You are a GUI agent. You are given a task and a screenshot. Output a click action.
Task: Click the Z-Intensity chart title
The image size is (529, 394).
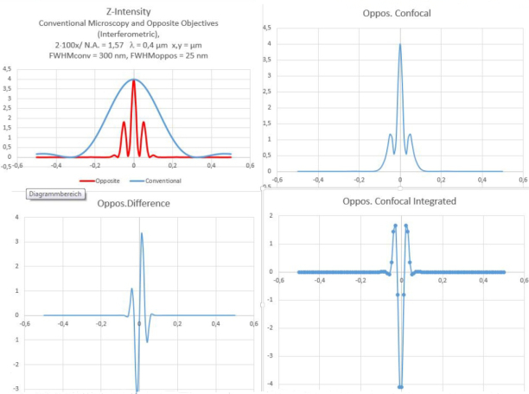coord(133,11)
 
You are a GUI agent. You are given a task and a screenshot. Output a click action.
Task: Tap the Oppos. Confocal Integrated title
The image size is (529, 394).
coord(399,201)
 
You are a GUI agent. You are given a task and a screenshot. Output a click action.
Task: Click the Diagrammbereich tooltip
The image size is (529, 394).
coord(54,194)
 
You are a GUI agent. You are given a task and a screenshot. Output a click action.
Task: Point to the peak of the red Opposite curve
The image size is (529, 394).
coord(133,80)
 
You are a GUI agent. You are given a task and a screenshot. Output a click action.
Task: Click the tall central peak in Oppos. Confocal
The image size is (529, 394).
coord(399,46)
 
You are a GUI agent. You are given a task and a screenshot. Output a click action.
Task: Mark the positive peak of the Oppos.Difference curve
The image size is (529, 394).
coord(142,233)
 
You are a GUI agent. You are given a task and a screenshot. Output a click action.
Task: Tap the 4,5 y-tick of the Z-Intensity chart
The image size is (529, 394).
coord(7,69)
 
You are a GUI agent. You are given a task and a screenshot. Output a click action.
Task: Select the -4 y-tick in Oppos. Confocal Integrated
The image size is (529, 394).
coord(271,383)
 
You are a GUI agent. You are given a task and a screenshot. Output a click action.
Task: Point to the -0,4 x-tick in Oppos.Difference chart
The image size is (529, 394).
coord(62,324)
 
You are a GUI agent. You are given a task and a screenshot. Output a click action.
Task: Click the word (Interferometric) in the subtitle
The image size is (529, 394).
coord(132,33)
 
